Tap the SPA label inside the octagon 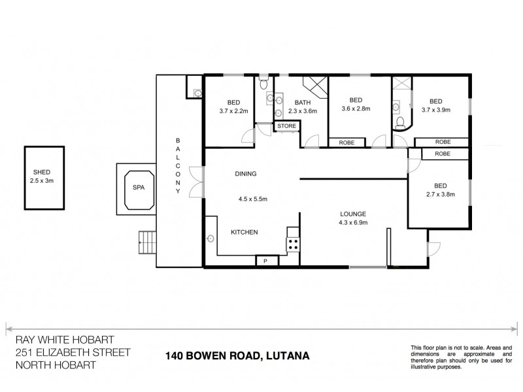[x=138, y=188]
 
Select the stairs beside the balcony [x=148, y=244]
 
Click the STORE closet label [x=286, y=125]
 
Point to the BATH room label [x=302, y=103]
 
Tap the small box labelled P [x=266, y=261]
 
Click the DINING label [x=246, y=174]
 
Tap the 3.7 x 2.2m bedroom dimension [x=233, y=112]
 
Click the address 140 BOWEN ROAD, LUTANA [x=236, y=356]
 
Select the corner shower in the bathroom [x=315, y=87]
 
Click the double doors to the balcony [x=194, y=181]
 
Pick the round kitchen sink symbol [x=211, y=238]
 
